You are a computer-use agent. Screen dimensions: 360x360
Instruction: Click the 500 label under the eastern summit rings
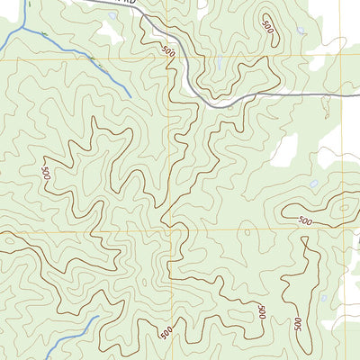pyautogui.click(x=304, y=220)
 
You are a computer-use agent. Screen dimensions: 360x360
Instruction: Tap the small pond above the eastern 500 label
pyautogui.click(x=312, y=184)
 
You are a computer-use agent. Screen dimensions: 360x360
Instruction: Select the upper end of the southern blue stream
pyautogui.click(x=95, y=317)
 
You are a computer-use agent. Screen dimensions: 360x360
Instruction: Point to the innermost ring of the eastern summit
pyautogui.click(x=341, y=211)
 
